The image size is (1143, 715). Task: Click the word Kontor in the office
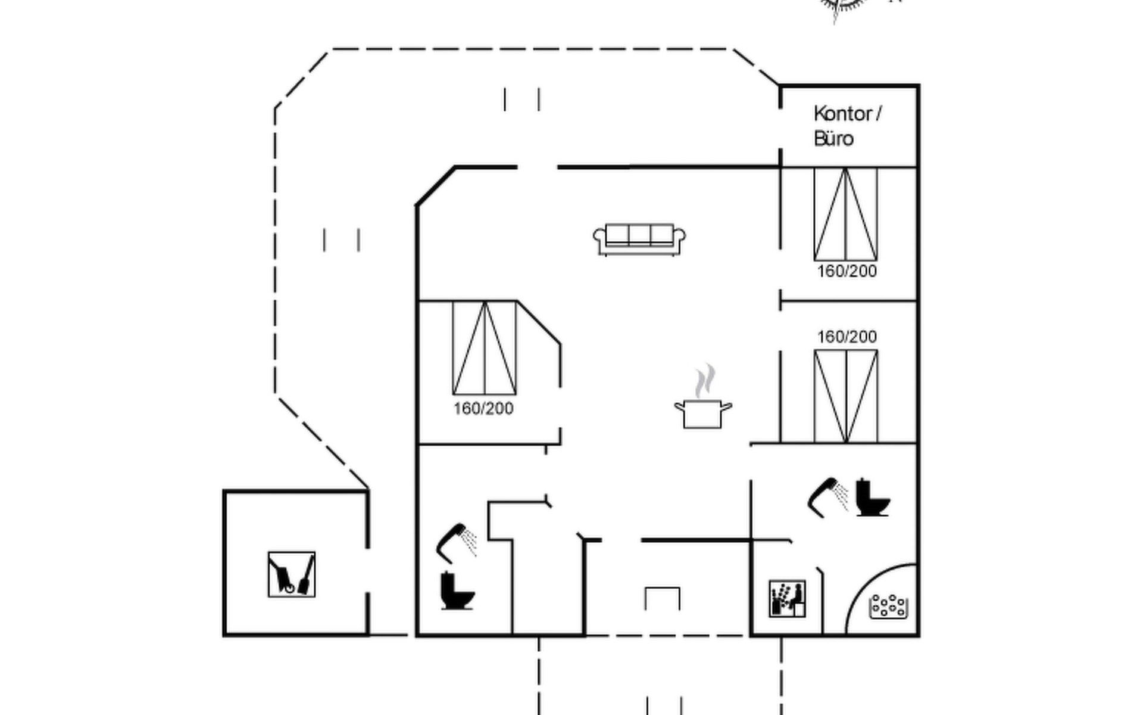(x=842, y=113)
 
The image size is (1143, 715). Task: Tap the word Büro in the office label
(x=833, y=139)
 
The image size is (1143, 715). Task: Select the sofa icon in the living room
(x=639, y=240)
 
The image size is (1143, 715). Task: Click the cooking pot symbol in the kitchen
(x=703, y=414)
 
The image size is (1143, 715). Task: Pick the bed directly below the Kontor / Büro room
(x=845, y=214)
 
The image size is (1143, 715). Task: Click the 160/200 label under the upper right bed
(x=847, y=272)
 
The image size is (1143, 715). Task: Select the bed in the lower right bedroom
(x=845, y=397)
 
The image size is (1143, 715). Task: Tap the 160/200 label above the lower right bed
(x=847, y=337)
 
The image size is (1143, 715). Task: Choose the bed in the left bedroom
(x=485, y=348)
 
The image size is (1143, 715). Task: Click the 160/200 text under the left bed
(x=483, y=409)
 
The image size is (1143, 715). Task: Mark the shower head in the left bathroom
(x=456, y=543)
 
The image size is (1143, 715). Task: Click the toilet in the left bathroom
(x=457, y=590)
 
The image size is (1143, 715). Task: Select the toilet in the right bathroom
(x=872, y=497)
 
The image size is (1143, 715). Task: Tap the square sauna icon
(x=787, y=599)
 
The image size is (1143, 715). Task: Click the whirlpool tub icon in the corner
(x=888, y=607)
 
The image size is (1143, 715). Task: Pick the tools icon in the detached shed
(x=291, y=574)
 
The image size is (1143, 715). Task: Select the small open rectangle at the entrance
(x=663, y=598)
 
